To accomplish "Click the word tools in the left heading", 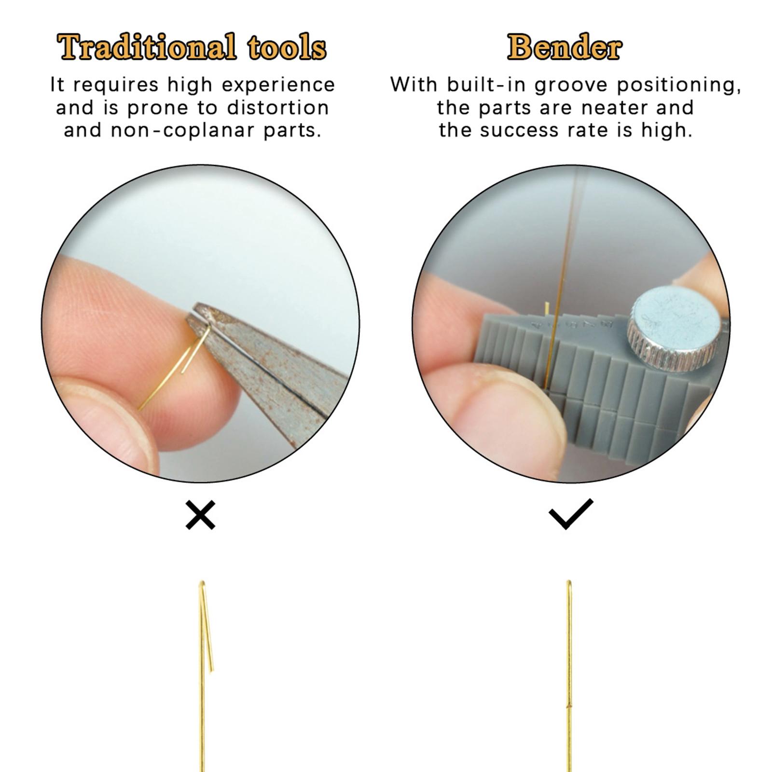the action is [x=287, y=47].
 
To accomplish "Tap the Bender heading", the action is [x=565, y=47].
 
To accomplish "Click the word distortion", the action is [x=278, y=108].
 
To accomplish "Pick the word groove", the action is [x=571, y=85].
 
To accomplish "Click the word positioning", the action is [x=679, y=85].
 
